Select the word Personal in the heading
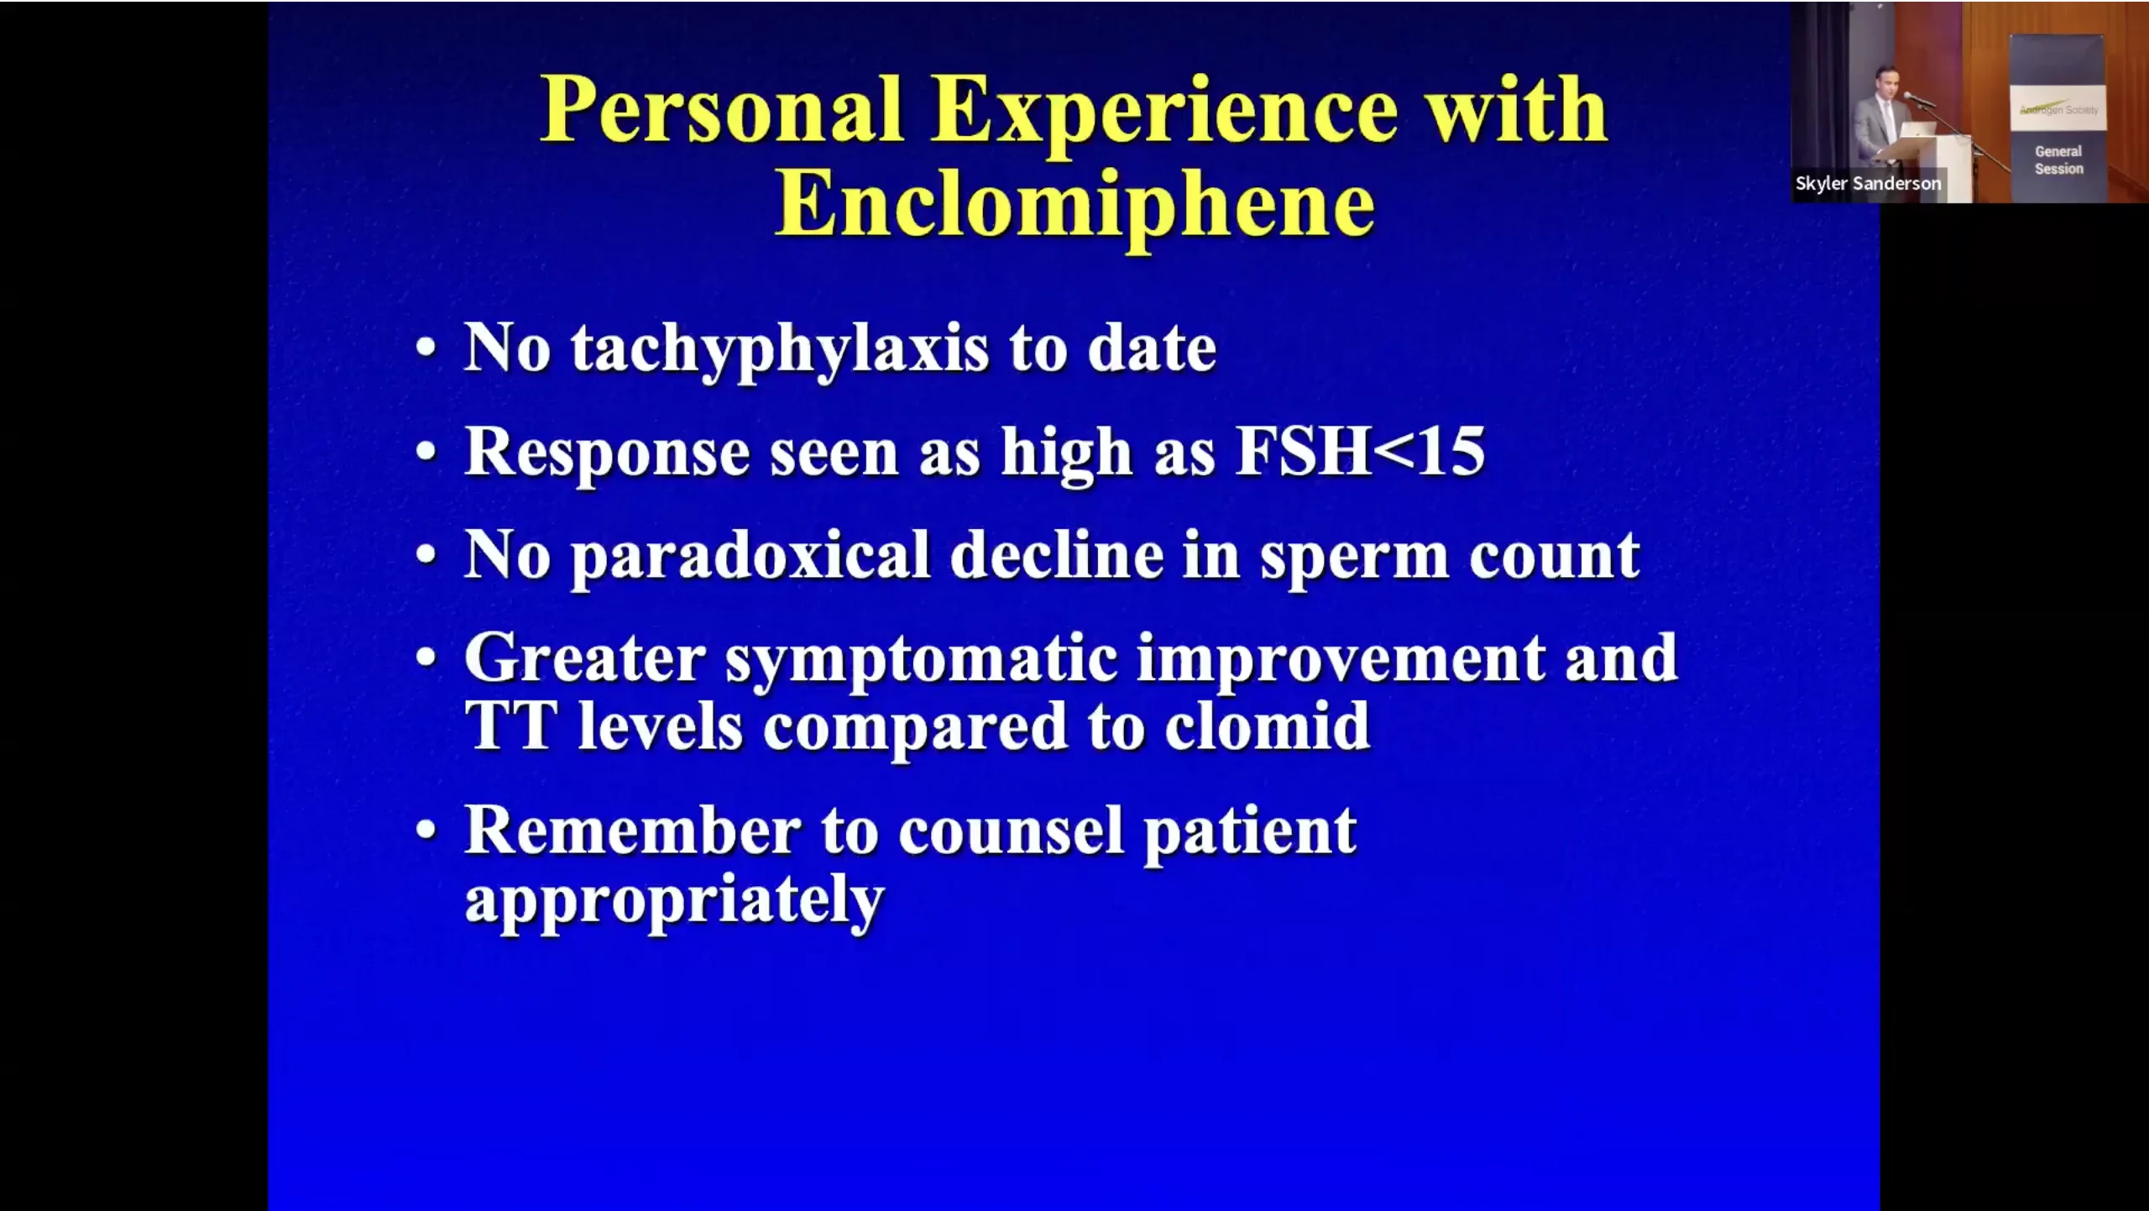click(x=722, y=110)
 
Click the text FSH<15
click(x=1361, y=451)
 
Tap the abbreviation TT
click(x=510, y=726)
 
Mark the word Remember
click(x=633, y=831)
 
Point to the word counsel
click(x=1011, y=831)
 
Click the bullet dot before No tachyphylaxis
click(x=426, y=348)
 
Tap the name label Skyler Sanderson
click(x=1868, y=183)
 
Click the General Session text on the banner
click(x=2058, y=160)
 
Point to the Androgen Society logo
click(x=2058, y=110)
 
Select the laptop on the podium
click(x=1917, y=129)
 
